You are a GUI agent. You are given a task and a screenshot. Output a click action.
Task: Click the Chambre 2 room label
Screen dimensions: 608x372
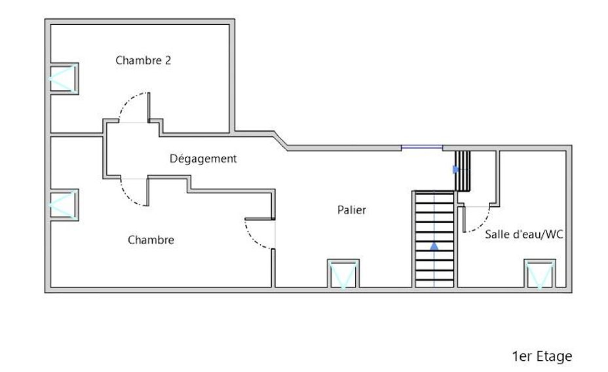(143, 60)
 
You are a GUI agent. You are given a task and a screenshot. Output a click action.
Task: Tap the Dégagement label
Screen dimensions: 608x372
(203, 159)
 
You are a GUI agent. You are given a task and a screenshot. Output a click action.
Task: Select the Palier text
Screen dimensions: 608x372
(351, 210)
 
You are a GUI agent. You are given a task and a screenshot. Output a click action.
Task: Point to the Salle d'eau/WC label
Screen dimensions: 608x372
(524, 234)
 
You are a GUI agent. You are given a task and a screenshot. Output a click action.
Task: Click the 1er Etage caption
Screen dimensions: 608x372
(542, 356)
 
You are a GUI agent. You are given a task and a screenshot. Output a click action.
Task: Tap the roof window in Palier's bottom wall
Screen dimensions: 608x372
(344, 274)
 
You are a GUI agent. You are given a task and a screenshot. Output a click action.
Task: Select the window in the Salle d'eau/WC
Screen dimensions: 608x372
(540, 274)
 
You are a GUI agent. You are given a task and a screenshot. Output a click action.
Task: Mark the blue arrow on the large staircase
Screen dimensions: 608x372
(434, 246)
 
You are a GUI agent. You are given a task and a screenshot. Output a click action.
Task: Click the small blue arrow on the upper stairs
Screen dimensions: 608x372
(456, 169)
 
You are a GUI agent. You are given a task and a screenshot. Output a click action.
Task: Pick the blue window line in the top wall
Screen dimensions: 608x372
(422, 147)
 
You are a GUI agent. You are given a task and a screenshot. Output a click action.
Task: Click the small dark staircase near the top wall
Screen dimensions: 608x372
(462, 171)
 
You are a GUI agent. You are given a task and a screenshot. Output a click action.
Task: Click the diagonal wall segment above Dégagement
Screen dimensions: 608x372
(281, 141)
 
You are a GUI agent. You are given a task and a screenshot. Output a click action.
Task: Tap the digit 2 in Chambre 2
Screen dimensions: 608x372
(168, 60)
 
